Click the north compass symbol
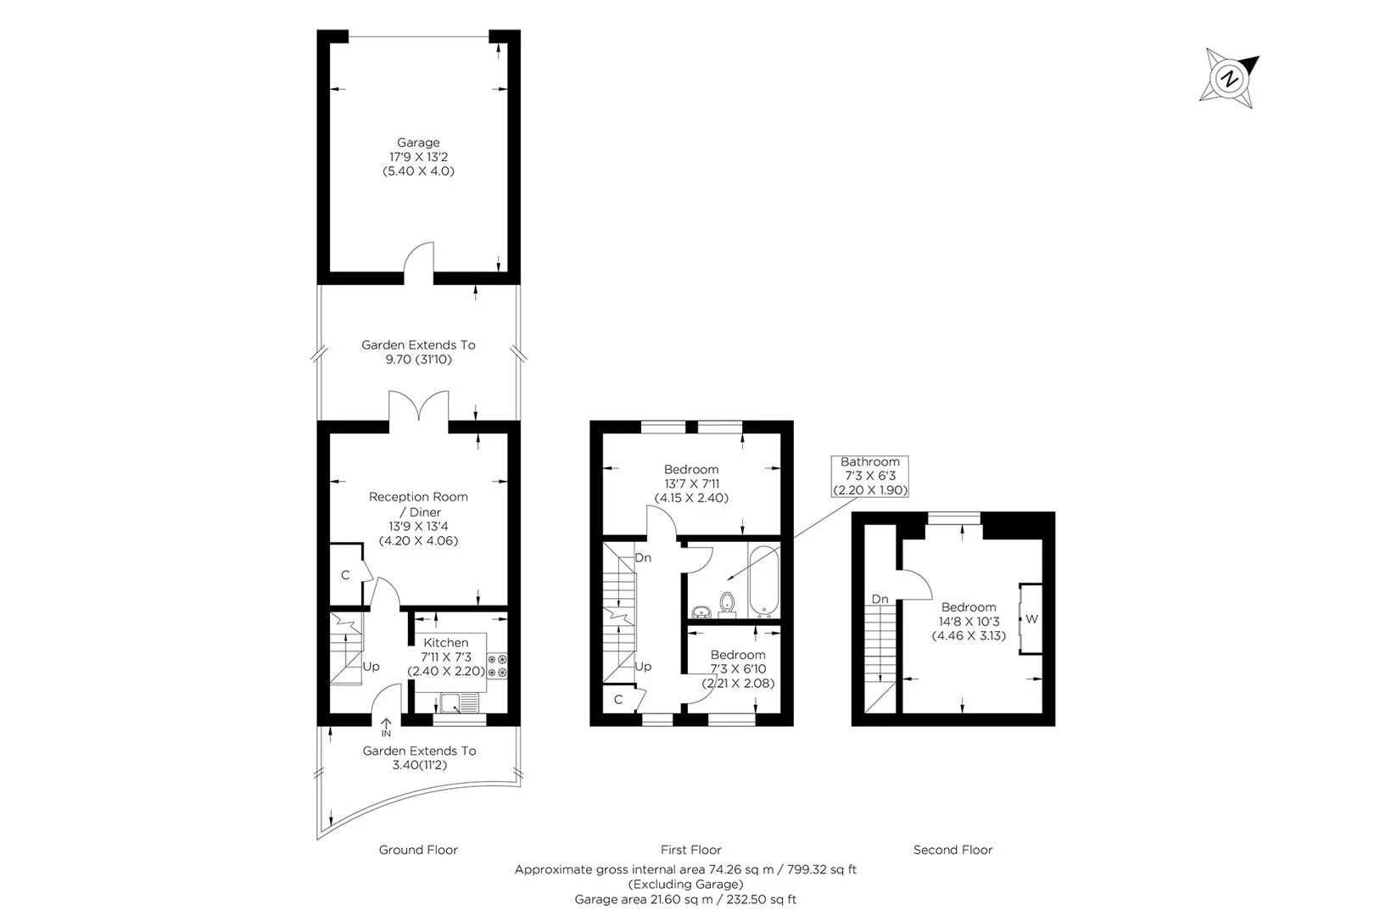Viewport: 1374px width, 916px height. [x=1229, y=79]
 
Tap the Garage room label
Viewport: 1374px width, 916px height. [x=418, y=142]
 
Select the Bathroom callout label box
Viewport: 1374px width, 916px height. [x=870, y=476]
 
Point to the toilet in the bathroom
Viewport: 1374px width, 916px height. [x=727, y=604]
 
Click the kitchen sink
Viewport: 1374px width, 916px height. [x=460, y=702]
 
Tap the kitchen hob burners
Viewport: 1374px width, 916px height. [x=498, y=667]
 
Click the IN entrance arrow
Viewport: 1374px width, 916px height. [x=386, y=728]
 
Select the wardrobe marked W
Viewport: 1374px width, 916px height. [x=1030, y=619]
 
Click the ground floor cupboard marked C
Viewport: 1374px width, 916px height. [x=347, y=575]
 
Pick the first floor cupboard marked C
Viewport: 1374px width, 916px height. [x=620, y=700]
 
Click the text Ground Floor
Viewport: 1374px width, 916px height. [x=418, y=850]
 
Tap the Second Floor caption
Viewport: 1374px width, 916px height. [x=952, y=850]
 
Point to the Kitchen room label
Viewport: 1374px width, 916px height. [x=446, y=642]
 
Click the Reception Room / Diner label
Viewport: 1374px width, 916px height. [x=418, y=505]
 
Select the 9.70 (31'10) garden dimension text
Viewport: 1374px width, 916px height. [x=418, y=360]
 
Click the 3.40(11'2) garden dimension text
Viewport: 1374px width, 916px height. [x=420, y=765]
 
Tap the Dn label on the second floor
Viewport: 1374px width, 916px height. [x=880, y=599]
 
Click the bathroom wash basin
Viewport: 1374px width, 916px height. [x=701, y=612]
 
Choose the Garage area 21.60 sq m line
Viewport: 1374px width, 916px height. [x=685, y=899]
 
